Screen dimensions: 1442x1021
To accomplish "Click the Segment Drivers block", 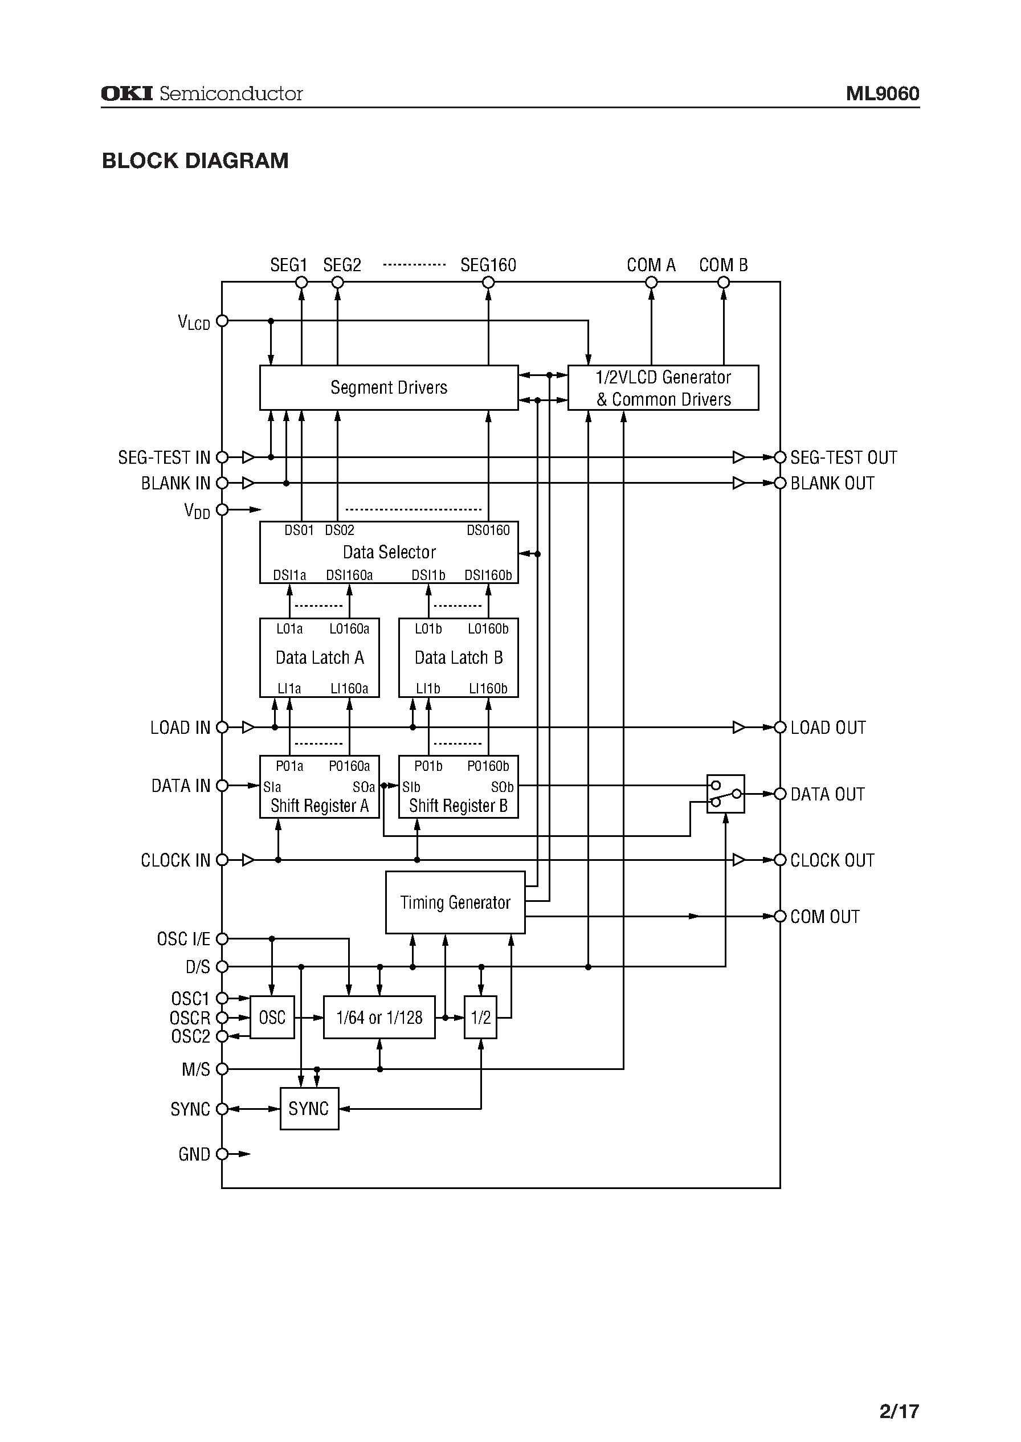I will point(389,387).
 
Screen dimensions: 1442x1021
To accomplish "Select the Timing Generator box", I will point(455,902).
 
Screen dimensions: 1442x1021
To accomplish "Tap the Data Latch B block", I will point(458,657).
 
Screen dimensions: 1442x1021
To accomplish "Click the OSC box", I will point(272,1017).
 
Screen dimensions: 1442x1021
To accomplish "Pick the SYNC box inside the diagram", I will point(309,1109).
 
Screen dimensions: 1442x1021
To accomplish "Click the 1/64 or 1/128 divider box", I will point(379,1017).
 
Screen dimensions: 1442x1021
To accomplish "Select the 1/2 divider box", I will point(480,1017).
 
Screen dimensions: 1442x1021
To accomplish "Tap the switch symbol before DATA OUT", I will point(725,794).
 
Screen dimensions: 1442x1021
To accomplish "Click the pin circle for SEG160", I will point(488,283).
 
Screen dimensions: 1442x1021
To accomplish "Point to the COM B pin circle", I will point(724,283).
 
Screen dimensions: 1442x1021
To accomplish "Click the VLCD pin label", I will point(194,322).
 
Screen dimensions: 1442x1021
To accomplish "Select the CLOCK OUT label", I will point(832,860).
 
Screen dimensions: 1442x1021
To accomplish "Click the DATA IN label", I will point(181,786).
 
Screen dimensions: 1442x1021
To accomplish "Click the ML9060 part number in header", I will point(882,93).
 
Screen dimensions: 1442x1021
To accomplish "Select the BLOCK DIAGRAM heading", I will point(195,161).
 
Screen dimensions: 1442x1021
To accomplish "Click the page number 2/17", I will point(899,1394).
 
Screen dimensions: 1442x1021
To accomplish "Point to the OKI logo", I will point(127,93).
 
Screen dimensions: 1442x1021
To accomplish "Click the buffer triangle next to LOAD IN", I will point(248,728).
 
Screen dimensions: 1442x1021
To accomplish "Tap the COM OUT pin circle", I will point(780,917).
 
